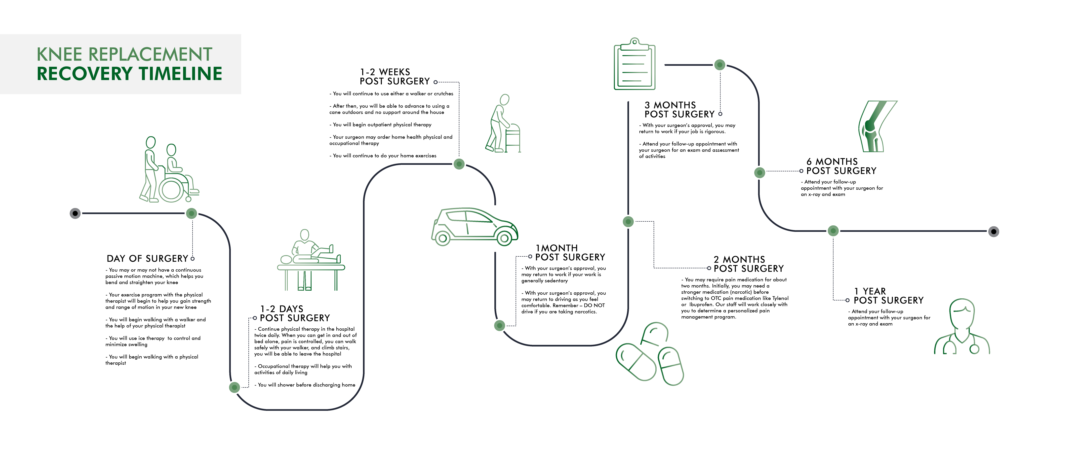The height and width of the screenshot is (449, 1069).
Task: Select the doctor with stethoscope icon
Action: [961, 328]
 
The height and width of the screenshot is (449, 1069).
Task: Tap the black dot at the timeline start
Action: [75, 213]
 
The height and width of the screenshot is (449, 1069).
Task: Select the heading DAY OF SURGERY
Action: [147, 259]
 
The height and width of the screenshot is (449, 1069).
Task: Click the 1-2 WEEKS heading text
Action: [385, 72]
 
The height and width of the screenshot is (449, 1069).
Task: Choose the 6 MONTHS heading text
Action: [832, 162]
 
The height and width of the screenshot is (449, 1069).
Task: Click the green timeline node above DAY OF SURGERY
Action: [191, 213]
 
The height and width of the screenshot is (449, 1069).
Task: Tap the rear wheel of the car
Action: [442, 238]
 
